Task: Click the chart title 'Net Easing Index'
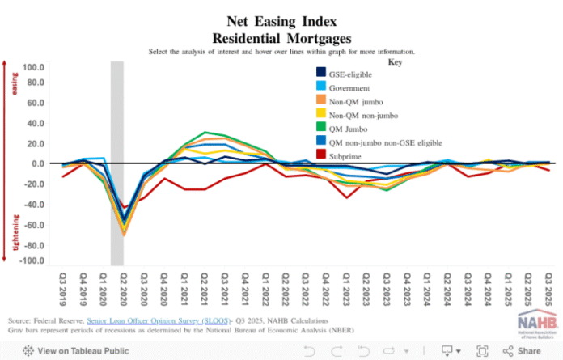281,23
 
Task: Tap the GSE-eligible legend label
349,74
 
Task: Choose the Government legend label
349,87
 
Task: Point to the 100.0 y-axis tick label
34,67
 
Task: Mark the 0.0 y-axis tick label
37,164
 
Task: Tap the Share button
521,351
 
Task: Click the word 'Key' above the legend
396,62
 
